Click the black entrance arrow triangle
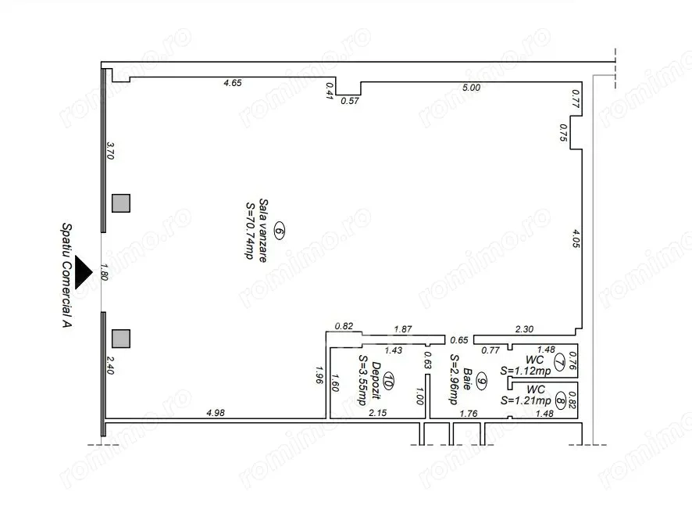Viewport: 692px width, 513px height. pos(82,272)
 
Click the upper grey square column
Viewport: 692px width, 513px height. pos(121,203)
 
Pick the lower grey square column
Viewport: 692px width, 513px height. pos(121,339)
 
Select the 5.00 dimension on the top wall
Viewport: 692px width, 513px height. pos(471,88)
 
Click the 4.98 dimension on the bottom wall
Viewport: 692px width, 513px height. pos(216,412)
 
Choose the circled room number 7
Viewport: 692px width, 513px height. pos(559,361)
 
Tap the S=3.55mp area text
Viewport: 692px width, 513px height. pos(362,380)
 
